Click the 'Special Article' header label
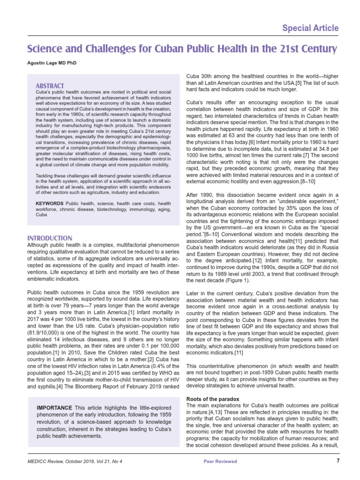coord(310,28)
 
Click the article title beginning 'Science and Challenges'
coord(182,49)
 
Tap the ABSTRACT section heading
coord(50,86)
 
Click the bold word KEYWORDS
coord(51,203)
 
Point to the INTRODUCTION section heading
coord(50,238)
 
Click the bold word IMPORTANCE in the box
coord(54,408)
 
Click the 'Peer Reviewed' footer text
coord(220,461)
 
